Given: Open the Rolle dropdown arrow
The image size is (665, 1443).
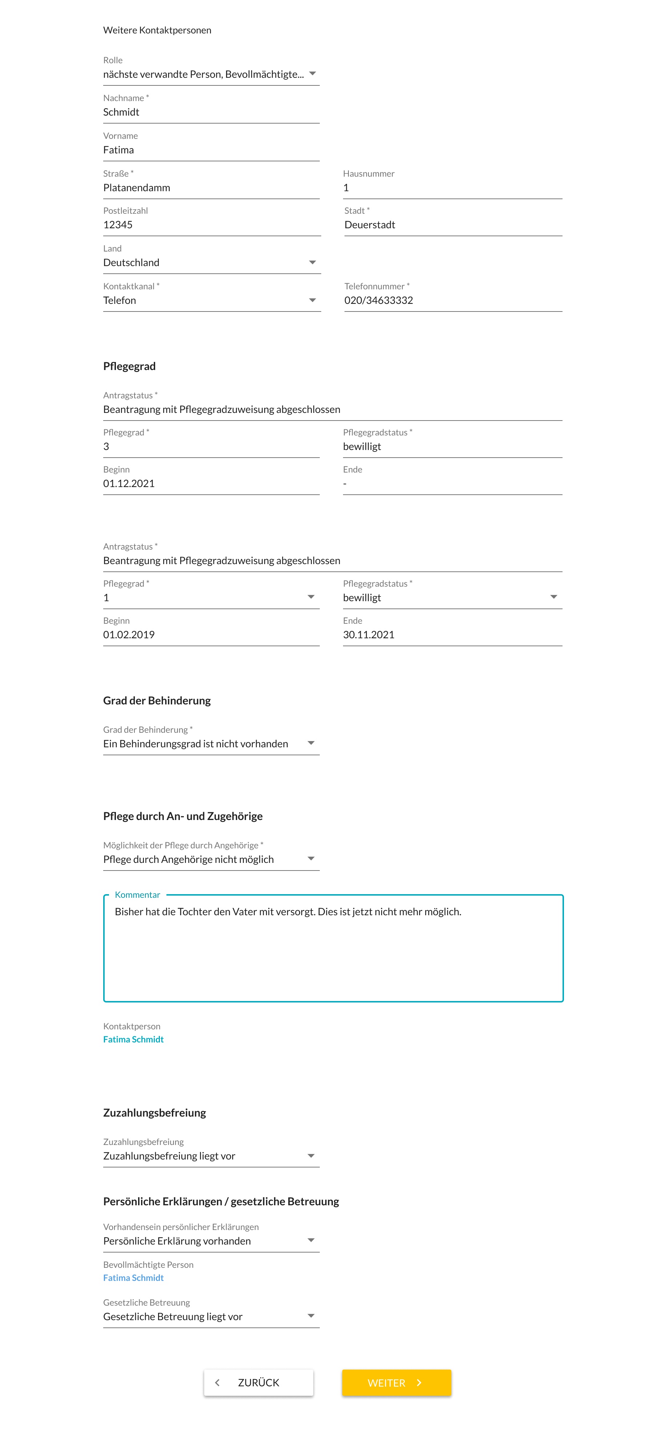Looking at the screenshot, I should click(313, 74).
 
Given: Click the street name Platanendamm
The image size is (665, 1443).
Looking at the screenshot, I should click(137, 188).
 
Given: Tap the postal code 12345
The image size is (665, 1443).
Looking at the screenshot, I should click(118, 225).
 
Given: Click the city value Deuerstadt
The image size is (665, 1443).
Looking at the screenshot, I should click(370, 225).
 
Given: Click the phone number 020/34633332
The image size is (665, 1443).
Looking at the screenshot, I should click(379, 300).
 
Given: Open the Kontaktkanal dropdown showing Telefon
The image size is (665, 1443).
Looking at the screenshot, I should click(313, 300).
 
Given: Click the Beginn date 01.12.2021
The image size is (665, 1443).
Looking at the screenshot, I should click(129, 483).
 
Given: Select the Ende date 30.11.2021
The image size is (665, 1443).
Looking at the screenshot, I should click(368, 635).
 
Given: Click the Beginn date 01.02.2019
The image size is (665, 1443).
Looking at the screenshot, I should click(129, 635).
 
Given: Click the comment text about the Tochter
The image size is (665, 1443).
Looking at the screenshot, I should click(288, 911).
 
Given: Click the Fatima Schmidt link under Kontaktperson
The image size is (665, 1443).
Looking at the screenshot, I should click(133, 1039).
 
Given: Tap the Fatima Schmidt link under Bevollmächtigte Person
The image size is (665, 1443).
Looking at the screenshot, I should click(133, 1278).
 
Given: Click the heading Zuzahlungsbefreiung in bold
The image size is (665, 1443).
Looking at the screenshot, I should click(155, 1113).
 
